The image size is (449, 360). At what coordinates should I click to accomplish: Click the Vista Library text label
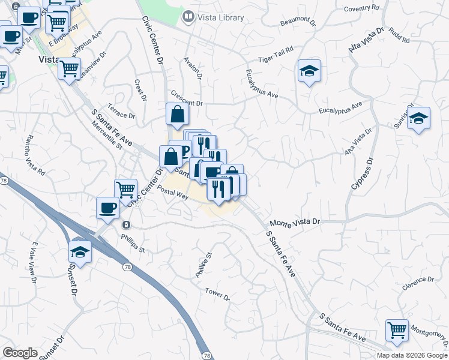click(x=221, y=17)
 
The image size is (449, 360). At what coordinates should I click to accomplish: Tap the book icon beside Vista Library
click(x=189, y=17)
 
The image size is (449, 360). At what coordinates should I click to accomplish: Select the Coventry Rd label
click(x=363, y=8)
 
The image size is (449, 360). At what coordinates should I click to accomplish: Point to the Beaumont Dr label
click(x=298, y=22)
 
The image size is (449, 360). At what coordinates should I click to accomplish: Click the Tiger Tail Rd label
click(x=276, y=55)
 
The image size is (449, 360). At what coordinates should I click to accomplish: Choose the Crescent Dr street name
click(x=187, y=98)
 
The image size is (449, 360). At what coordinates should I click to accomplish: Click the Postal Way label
click(x=173, y=193)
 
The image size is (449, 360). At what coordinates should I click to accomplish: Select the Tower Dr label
click(x=217, y=294)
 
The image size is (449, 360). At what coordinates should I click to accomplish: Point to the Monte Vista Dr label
click(x=295, y=223)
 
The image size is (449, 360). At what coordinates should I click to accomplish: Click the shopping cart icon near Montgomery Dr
click(x=397, y=329)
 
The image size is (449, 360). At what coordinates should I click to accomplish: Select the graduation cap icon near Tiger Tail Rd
click(x=309, y=71)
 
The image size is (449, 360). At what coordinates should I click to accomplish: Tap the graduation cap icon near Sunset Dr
click(x=80, y=251)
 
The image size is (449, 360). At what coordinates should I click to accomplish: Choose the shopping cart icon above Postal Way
click(x=125, y=189)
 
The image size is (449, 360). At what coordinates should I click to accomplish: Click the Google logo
click(x=20, y=353)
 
